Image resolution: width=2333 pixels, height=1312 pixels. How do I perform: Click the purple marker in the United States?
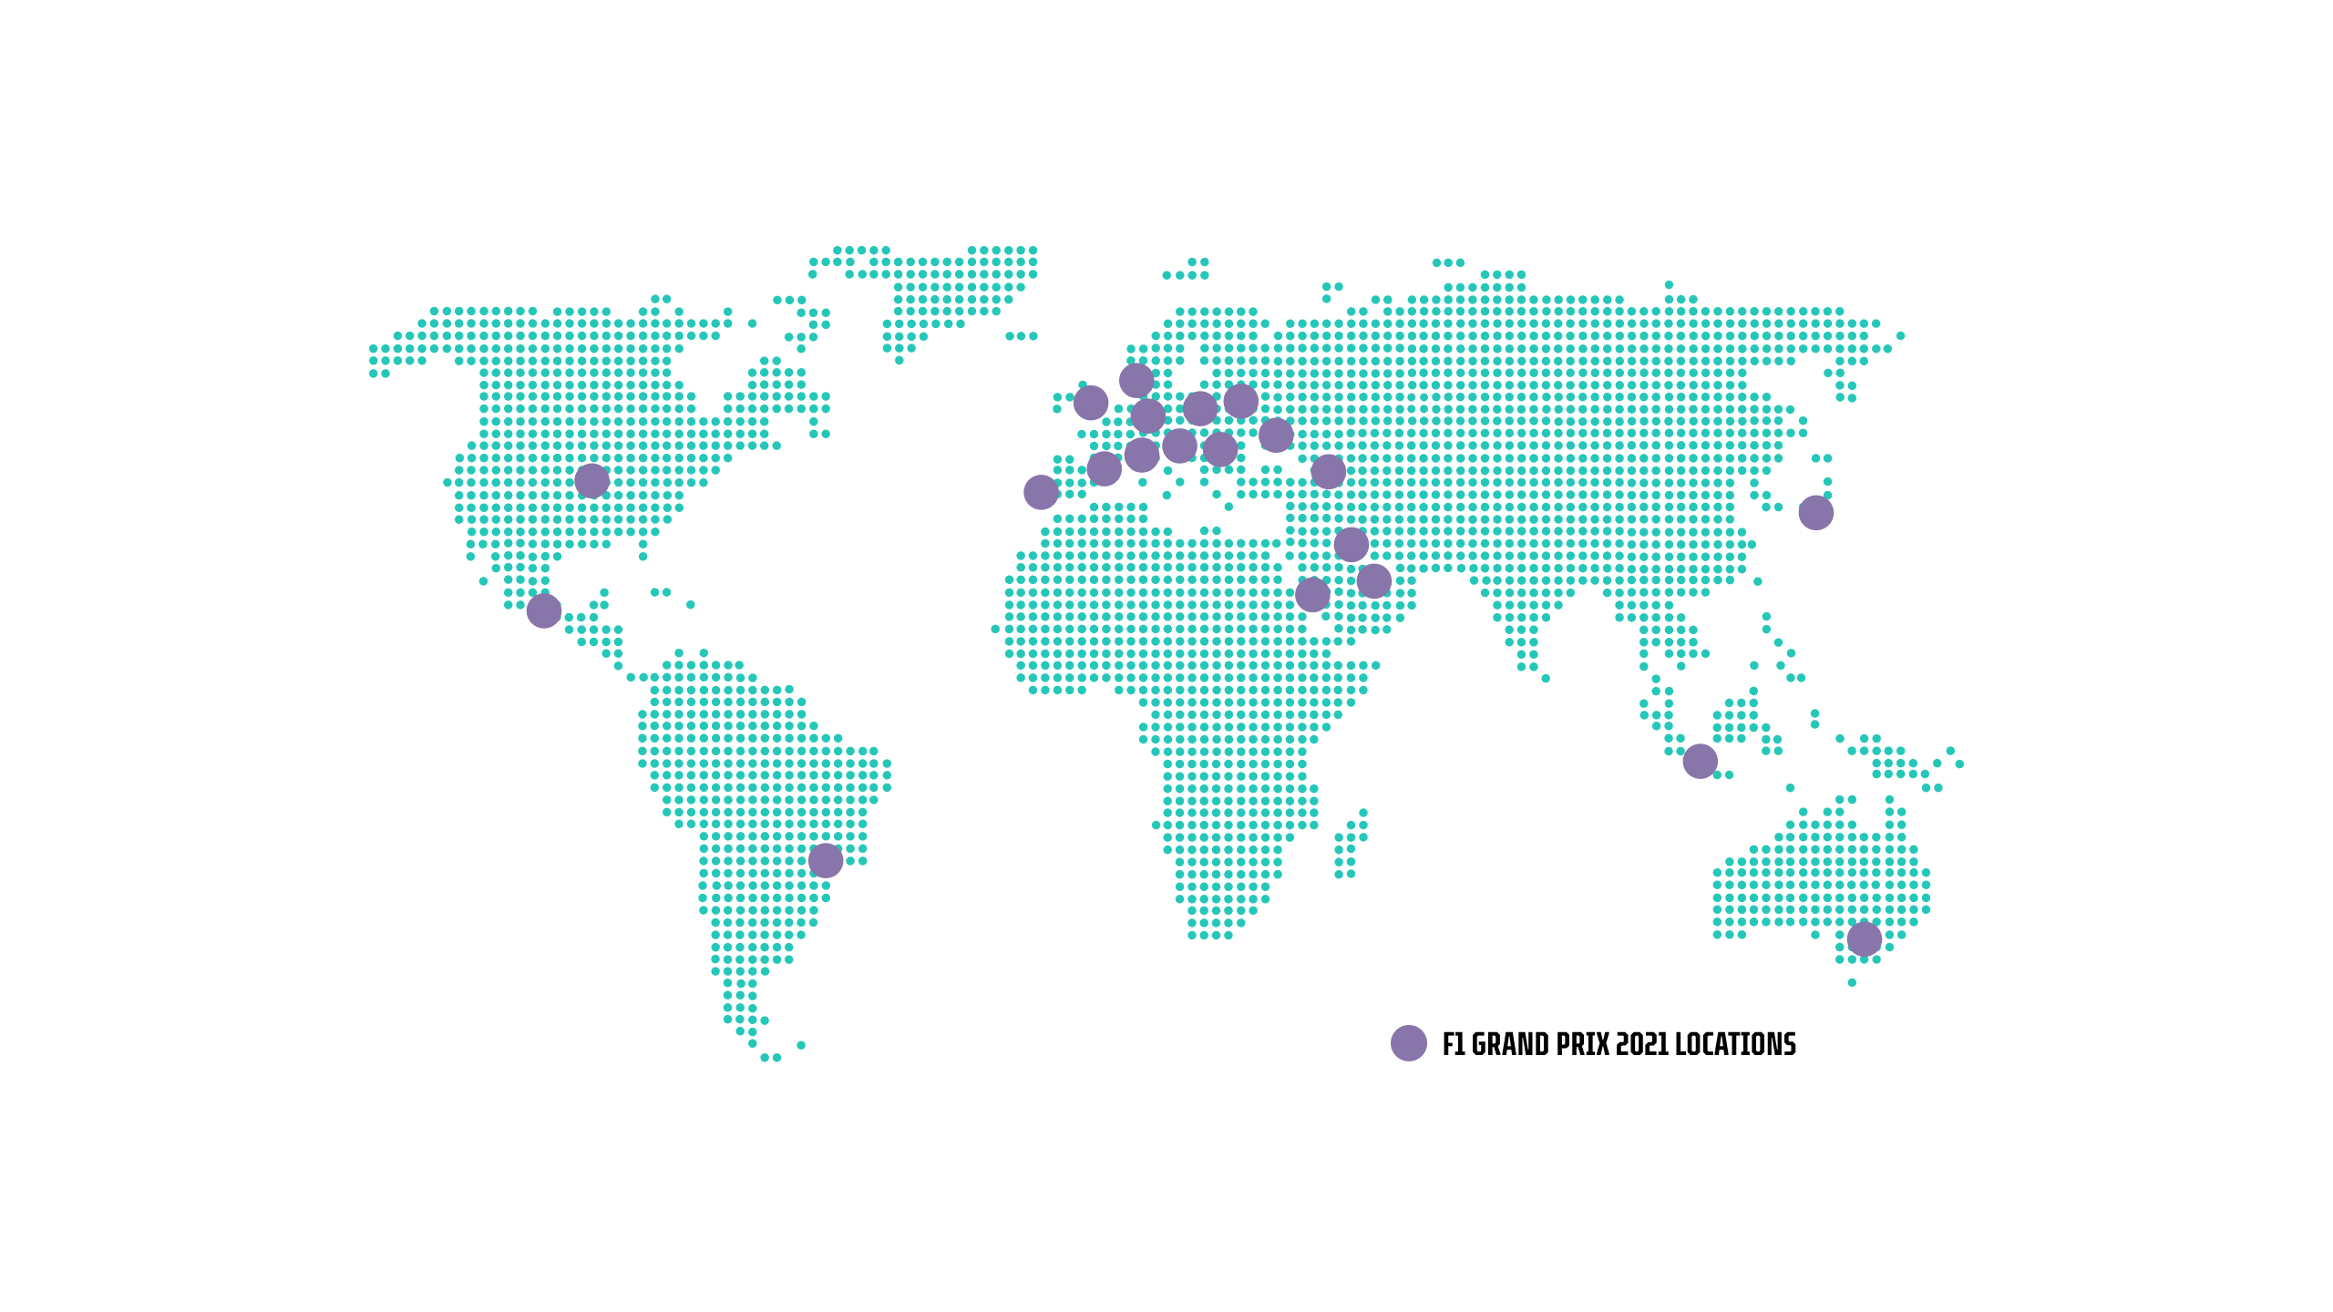tap(591, 480)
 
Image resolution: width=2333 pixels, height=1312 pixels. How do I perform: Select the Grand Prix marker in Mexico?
tap(543, 610)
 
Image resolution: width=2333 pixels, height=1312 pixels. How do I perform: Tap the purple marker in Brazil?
tap(825, 860)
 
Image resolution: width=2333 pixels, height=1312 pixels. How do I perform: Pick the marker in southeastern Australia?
tap(1864, 938)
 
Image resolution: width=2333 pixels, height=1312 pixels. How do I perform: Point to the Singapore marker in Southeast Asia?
tap(1700, 761)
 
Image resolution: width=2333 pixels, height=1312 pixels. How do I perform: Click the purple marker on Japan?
tap(1815, 513)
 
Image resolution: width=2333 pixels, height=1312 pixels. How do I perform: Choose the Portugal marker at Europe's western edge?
tap(1041, 492)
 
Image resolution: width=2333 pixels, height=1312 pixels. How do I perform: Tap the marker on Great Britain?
tap(1090, 403)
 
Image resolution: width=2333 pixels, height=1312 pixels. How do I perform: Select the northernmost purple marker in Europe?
tap(1136, 380)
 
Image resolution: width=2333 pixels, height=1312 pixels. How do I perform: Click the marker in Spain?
tap(1104, 469)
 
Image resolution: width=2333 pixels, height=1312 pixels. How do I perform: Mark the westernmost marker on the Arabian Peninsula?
tap(1312, 594)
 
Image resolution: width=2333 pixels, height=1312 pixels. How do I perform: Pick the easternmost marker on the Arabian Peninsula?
tap(1373, 580)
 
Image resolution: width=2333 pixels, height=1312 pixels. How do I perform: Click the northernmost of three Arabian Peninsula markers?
tap(1351, 545)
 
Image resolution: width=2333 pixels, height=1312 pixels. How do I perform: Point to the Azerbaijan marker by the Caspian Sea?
tap(1328, 471)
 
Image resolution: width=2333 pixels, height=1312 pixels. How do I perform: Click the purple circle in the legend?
tap(1408, 1043)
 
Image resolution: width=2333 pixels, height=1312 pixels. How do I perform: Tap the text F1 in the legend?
tap(1454, 1044)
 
